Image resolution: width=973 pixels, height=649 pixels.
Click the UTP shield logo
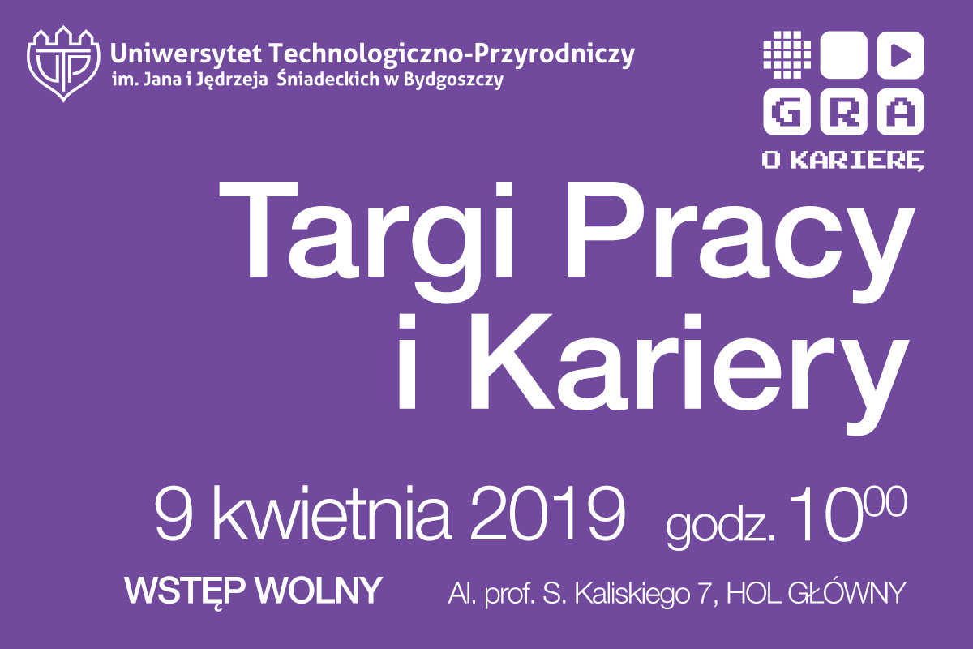coord(63,64)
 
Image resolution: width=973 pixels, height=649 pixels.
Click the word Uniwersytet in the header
coord(186,54)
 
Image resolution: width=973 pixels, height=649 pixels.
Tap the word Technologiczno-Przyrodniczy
coord(452,55)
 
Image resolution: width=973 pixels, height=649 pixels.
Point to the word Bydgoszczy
coord(453,80)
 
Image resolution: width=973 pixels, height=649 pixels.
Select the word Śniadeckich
coord(328,79)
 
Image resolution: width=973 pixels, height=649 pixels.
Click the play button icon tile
coord(900,55)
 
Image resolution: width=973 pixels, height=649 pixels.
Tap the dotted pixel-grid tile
coord(787,55)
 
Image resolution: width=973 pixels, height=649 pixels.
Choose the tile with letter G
coord(787,112)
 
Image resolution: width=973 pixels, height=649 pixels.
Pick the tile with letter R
coord(843,112)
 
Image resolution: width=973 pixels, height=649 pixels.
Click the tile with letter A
coord(900,112)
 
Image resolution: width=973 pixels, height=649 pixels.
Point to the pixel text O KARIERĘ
coord(843,161)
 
